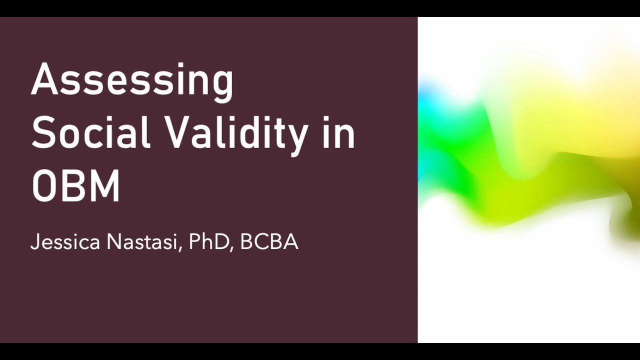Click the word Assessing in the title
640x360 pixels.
(132, 80)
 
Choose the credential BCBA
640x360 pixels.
(269, 242)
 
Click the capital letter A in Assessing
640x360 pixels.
(46, 80)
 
